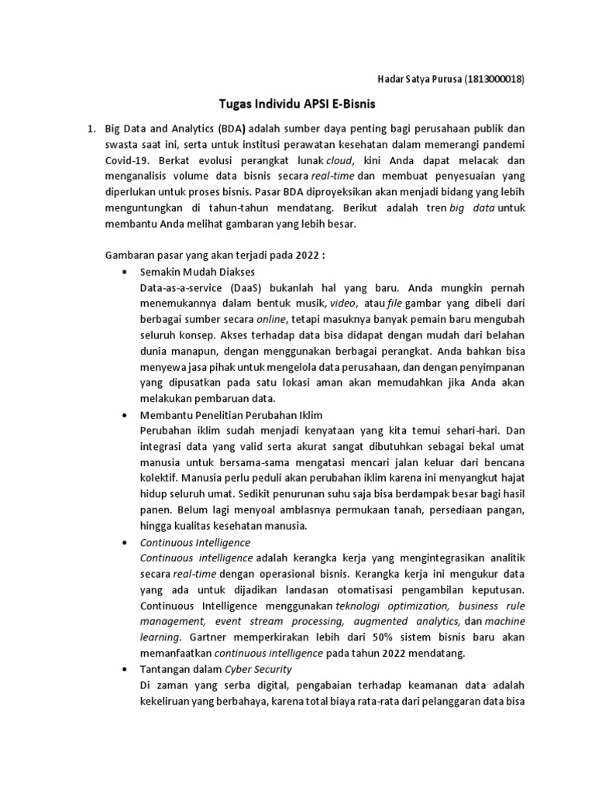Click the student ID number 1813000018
(494, 78)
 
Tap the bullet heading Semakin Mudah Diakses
(197, 273)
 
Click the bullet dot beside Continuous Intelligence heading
(126, 543)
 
